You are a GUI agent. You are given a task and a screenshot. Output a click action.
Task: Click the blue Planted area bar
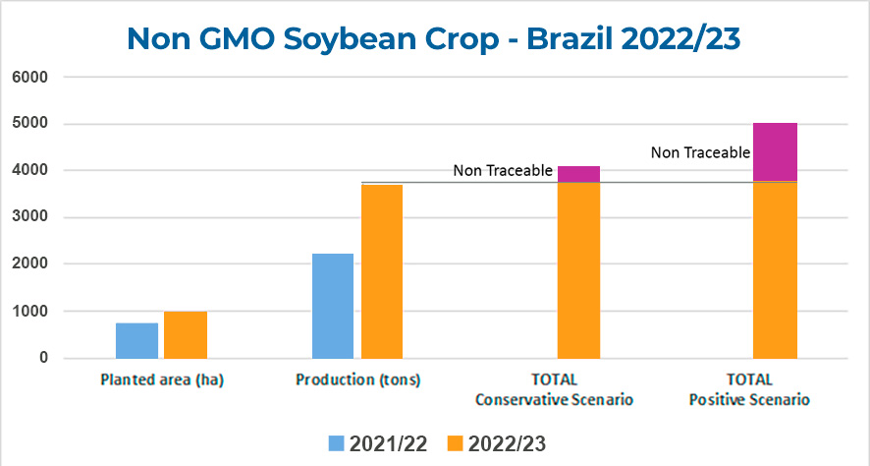pos(136,340)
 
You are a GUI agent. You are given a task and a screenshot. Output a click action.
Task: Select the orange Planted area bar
pos(186,335)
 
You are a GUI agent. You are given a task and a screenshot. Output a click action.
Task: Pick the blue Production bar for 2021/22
pos(333,306)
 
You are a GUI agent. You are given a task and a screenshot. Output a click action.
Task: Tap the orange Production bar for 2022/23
pos(382,271)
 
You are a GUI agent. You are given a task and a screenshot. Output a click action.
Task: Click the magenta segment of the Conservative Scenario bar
pos(578,174)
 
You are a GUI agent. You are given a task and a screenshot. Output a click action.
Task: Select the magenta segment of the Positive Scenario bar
pos(775,151)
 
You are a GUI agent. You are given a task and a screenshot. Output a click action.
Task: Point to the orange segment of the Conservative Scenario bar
pos(578,270)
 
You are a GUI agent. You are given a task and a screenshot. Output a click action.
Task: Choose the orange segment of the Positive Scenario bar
pos(775,270)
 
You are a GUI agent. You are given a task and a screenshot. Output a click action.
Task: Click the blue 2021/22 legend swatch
pos(334,443)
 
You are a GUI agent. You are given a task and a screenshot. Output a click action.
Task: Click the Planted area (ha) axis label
pos(162,380)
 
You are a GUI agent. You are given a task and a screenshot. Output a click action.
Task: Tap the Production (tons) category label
pos(358,380)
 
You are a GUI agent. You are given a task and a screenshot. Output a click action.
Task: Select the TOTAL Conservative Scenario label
pos(555,389)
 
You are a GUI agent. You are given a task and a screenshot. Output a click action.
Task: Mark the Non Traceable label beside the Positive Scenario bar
pos(700,152)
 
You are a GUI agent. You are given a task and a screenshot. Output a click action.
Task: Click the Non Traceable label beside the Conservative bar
pos(502,171)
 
